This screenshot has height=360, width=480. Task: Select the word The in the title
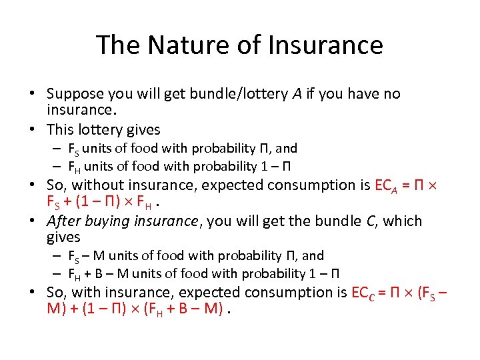[x=119, y=45]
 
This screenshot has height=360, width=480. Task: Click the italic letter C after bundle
[x=371, y=221]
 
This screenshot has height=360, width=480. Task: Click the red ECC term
[x=365, y=292]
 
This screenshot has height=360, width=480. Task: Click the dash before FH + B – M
[x=59, y=273]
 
